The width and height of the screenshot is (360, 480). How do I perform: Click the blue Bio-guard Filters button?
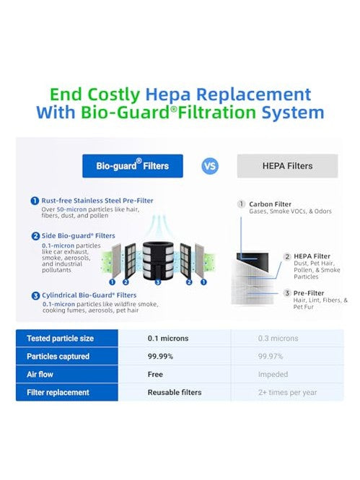133,166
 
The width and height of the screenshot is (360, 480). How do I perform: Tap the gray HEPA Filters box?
288,166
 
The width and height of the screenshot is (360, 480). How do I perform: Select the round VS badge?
210,166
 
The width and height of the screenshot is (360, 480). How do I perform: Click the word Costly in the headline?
114,94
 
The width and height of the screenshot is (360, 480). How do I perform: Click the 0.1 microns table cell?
168,339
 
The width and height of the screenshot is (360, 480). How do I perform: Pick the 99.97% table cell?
271,357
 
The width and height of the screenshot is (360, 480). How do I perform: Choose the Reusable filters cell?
175,393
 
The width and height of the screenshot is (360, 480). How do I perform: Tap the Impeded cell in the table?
273,375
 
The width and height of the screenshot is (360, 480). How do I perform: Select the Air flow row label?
40,375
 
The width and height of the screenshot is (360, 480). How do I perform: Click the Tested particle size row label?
61,339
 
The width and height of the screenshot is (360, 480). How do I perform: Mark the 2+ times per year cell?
287,393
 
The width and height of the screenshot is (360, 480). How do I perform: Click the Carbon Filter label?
270,204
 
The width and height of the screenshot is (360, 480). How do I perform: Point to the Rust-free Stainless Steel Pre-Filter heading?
97,201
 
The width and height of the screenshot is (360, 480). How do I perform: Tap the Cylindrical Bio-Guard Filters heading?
89,295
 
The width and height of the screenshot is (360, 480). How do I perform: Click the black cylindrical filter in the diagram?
158,260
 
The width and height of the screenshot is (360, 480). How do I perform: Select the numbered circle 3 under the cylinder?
158,282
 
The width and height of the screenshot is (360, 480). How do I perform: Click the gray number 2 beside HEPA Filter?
287,256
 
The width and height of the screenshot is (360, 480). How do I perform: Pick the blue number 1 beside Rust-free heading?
35,201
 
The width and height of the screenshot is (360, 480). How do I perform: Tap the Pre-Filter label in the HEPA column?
309,293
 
